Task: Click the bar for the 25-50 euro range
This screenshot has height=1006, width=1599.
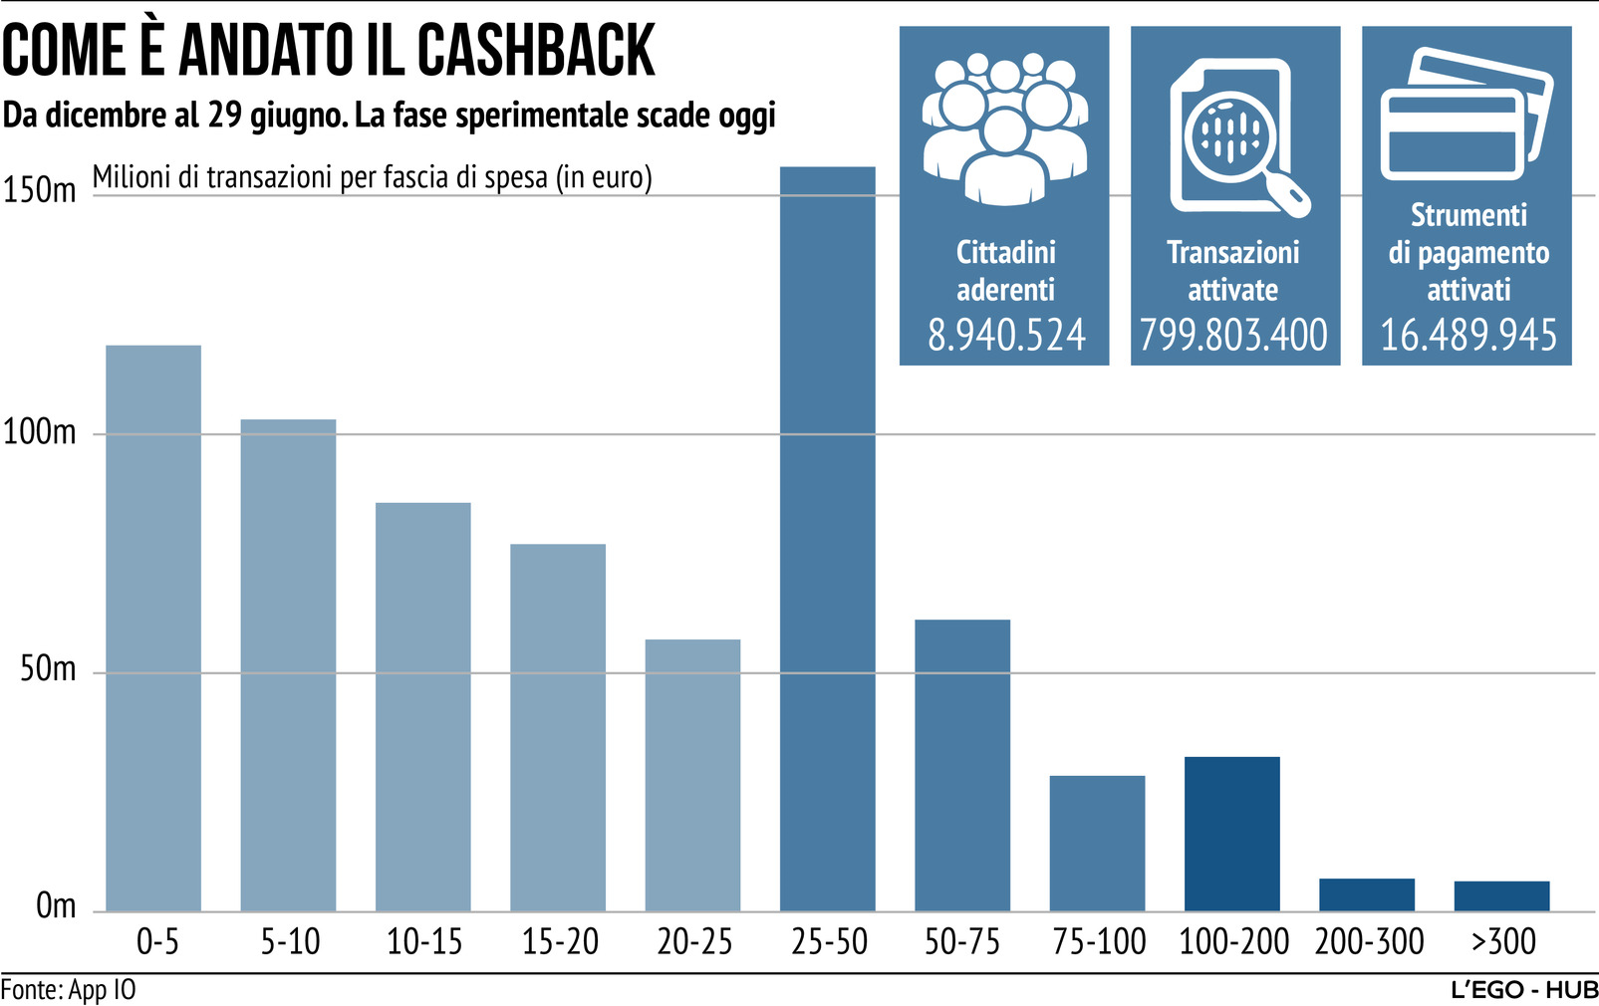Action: (x=827, y=538)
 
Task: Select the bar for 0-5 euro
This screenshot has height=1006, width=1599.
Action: (x=153, y=628)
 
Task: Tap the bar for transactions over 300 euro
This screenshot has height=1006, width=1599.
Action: (x=1501, y=895)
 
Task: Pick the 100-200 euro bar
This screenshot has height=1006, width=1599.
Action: (x=1231, y=834)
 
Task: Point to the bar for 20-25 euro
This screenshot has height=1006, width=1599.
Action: (x=692, y=775)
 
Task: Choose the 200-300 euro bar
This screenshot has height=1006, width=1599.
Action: (x=1366, y=894)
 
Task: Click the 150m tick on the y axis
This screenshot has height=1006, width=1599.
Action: (x=39, y=189)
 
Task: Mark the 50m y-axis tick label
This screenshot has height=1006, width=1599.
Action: (x=48, y=668)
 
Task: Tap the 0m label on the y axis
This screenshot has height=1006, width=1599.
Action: (x=56, y=906)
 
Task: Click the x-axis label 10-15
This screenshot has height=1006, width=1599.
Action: (x=424, y=941)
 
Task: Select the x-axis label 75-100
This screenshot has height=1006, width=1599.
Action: (x=1099, y=941)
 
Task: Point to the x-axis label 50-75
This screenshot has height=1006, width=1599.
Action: (x=962, y=941)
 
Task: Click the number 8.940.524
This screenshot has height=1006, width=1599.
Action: (x=1005, y=335)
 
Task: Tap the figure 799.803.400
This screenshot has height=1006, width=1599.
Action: (x=1233, y=335)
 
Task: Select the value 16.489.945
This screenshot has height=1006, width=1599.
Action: (x=1467, y=335)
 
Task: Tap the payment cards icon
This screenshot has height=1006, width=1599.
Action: (x=1466, y=115)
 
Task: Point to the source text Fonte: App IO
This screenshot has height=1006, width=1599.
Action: (x=69, y=990)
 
